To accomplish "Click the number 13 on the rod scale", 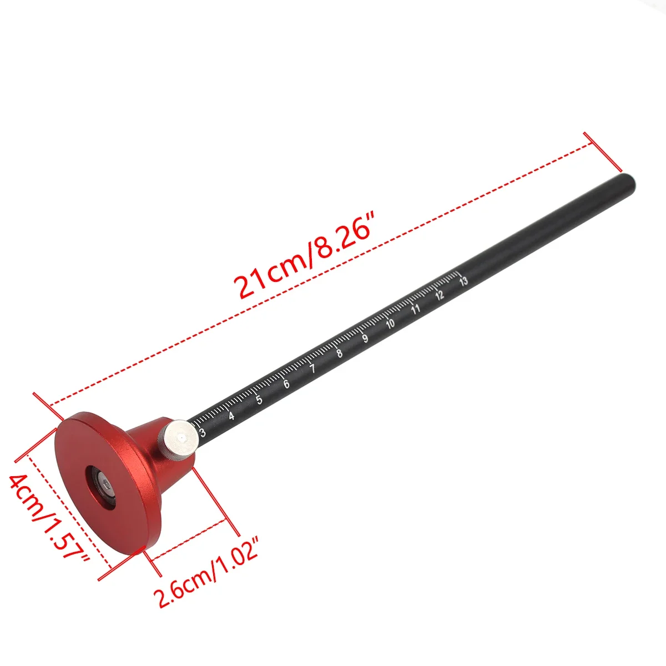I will pos(463,281).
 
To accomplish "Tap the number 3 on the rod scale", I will pos(203,433).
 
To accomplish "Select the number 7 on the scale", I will pos(312,369).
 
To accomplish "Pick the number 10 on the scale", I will pos(390,324).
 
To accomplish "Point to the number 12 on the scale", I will pos(440,295).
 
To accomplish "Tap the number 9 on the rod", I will pos(365,339).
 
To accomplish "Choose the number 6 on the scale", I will pos(286,385).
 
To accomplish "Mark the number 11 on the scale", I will pos(415,309).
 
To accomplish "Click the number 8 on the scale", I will pos(339,354).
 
